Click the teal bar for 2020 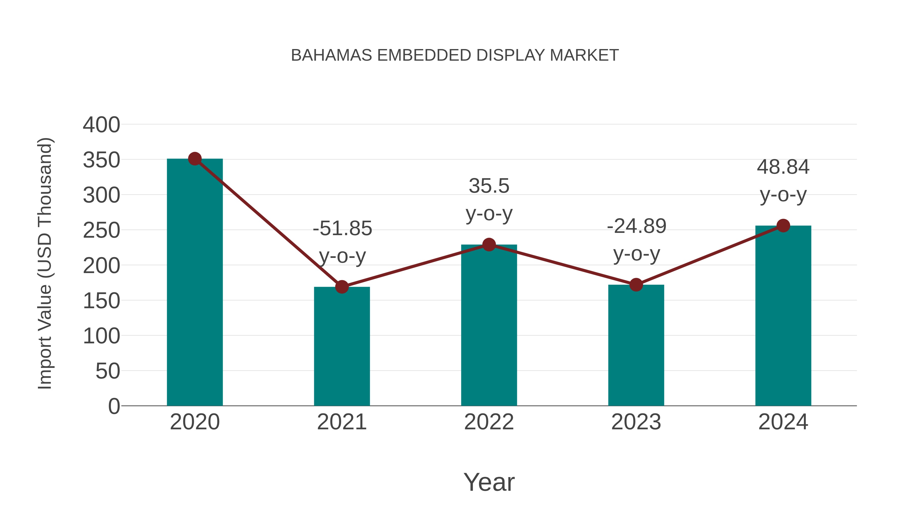pyautogui.click(x=195, y=283)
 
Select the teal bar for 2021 pyautogui.click(x=342, y=346)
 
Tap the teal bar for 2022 pyautogui.click(x=489, y=325)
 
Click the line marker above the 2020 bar pyautogui.click(x=195, y=159)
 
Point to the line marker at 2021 pyautogui.click(x=342, y=287)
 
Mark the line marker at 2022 pyautogui.click(x=489, y=244)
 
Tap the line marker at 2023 pyautogui.click(x=636, y=285)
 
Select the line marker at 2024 pyautogui.click(x=783, y=226)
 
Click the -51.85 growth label pyautogui.click(x=342, y=229)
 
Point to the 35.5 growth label pyautogui.click(x=489, y=186)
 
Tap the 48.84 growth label pyautogui.click(x=783, y=167)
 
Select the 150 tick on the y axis pyautogui.click(x=101, y=301)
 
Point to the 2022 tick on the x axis pyautogui.click(x=489, y=422)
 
